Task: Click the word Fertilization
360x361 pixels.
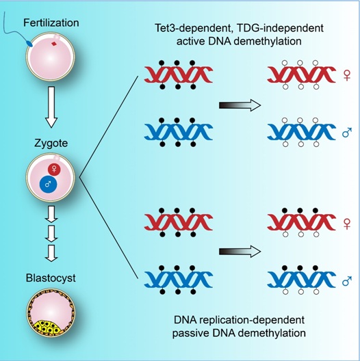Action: pyautogui.click(x=51, y=23)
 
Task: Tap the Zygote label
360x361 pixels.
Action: pyautogui.click(x=51, y=144)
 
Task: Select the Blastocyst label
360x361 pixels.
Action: pyautogui.click(x=51, y=278)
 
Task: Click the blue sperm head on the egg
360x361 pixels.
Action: pyautogui.click(x=29, y=44)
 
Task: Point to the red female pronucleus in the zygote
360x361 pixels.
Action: pyautogui.click(x=54, y=170)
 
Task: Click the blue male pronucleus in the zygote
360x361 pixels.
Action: pyautogui.click(x=48, y=184)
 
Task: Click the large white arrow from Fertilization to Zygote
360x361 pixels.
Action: pyautogui.click(x=51, y=107)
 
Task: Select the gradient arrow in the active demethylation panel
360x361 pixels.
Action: pyautogui.click(x=240, y=105)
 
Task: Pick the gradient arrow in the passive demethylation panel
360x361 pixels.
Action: pyautogui.click(x=240, y=251)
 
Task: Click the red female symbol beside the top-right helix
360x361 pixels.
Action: pyautogui.click(x=347, y=75)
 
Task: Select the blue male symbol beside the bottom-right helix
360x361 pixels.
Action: pyautogui.click(x=347, y=280)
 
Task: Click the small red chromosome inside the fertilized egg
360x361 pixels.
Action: pyautogui.click(x=54, y=44)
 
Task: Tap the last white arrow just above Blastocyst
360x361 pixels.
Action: pyautogui.click(x=51, y=253)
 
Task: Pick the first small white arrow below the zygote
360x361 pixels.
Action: pyautogui.click(x=51, y=214)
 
